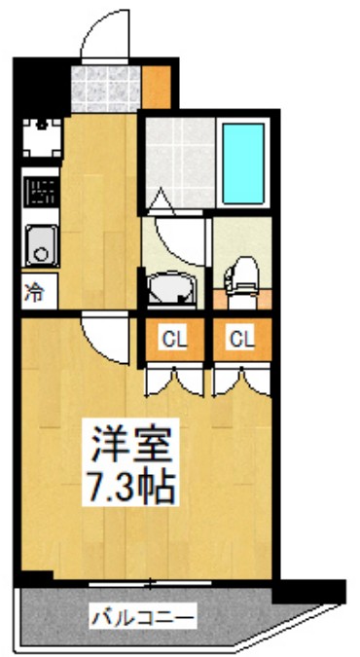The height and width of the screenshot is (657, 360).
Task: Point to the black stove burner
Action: coord(40,192)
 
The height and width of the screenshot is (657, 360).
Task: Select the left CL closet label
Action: coord(174,339)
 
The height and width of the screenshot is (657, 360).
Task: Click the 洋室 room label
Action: coord(132,446)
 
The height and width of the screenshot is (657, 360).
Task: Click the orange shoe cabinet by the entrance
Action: coord(158,87)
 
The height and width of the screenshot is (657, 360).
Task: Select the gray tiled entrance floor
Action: coord(106,88)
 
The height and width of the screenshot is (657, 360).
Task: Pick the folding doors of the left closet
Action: coord(174,382)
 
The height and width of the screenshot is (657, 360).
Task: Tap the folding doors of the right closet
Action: coord(240,382)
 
